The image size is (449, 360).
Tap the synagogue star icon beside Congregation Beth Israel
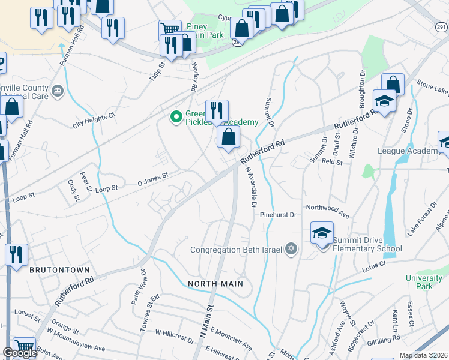tap(291, 248)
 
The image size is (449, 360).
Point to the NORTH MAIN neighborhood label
tap(215, 283)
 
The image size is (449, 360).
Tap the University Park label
tap(424, 282)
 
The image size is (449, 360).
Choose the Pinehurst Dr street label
tap(279, 214)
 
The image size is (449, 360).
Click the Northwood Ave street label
tap(327, 212)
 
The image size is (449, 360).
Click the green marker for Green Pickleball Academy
tap(176, 116)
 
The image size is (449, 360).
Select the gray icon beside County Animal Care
tap(58, 91)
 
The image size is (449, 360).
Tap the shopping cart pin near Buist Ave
tap(24, 347)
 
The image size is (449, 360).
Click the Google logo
tap(20, 353)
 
